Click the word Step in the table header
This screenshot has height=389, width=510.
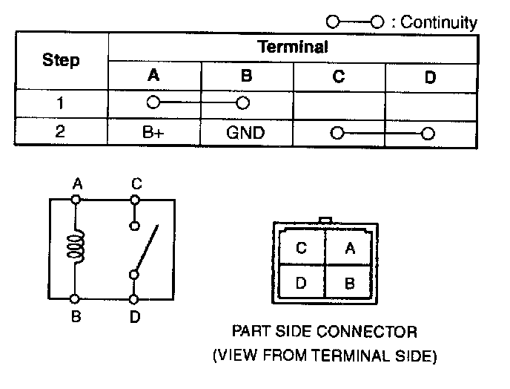click(62, 61)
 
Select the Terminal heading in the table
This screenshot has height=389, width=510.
click(292, 48)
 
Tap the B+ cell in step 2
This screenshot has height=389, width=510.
click(153, 134)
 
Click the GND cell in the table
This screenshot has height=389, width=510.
click(245, 134)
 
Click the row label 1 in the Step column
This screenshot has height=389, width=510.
click(62, 103)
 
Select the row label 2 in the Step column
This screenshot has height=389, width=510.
click(62, 134)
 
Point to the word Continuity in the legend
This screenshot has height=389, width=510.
click(439, 22)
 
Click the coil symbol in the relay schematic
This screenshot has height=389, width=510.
click(75, 246)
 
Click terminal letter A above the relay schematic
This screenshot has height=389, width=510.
click(76, 183)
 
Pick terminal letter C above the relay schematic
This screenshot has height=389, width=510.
click(136, 183)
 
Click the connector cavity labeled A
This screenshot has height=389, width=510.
click(349, 249)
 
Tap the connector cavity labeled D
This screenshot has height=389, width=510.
click(301, 283)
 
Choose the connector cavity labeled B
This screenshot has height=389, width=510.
click(349, 283)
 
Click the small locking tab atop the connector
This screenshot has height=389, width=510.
click(325, 220)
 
